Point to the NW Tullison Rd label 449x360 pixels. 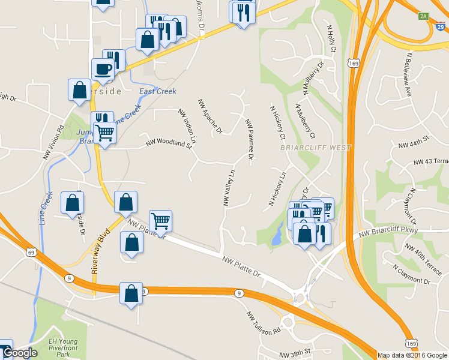(263, 323)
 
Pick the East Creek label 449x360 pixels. (157, 91)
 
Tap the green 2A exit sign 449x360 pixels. (424, 16)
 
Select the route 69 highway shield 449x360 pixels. (31, 253)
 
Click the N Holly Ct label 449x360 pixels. (331, 37)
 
